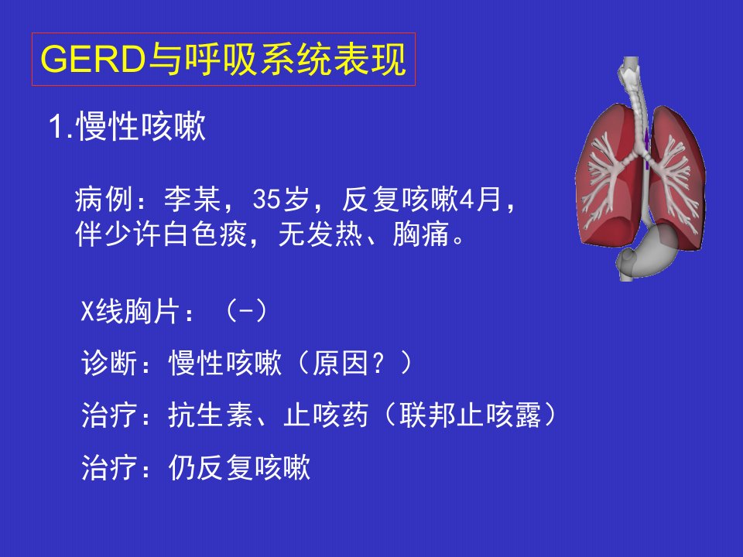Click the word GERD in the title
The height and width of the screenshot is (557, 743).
point(93,60)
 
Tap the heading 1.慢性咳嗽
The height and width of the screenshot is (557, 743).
point(128,126)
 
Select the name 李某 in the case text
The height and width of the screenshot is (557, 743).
point(193,199)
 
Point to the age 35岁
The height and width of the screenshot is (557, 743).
point(280,199)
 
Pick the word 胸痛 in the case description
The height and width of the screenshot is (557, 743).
point(421,234)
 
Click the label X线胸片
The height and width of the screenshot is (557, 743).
point(130,311)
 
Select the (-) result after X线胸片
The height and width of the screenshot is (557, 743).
point(246,311)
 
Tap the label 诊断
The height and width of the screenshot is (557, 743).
point(109,364)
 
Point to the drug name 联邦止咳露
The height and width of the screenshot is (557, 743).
point(470,415)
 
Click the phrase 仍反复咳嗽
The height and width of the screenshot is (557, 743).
point(239,467)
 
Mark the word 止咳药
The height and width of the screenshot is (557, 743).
point(326,415)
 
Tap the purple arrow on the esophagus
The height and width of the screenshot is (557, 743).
point(646,146)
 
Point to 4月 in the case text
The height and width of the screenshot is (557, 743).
point(480,199)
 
